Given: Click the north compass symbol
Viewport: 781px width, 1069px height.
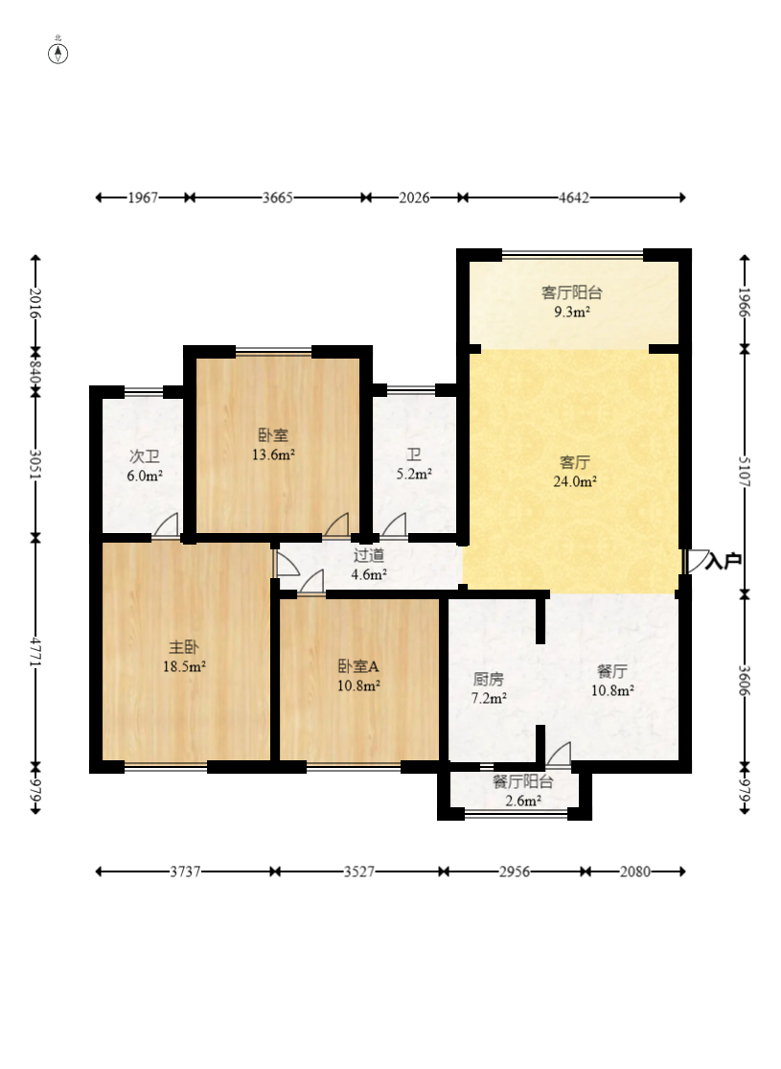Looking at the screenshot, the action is coord(57,53).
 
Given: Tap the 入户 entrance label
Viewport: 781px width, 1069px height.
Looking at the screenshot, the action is coord(724,562).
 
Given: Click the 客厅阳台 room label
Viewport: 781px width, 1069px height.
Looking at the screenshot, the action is coord(572,292).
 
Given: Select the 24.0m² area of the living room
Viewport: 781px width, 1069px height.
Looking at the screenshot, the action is coord(575,482).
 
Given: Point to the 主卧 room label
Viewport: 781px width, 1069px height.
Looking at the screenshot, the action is coord(184,646).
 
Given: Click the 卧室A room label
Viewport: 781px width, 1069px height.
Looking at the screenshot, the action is coord(358,666).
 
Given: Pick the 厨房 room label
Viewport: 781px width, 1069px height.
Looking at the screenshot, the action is coord(489,679).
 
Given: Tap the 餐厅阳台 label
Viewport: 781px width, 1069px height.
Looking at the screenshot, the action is coord(522,782).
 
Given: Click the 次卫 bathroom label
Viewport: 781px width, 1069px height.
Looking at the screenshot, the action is coord(145,456).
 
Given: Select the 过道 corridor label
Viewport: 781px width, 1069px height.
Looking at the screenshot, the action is coord(369,555).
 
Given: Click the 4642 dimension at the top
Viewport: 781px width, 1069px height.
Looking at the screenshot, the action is coord(574,198).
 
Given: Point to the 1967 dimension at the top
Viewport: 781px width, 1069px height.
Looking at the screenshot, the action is coord(143,198).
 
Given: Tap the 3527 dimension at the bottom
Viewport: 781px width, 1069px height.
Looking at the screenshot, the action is coord(359,871).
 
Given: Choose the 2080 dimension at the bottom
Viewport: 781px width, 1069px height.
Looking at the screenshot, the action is coord(635,871).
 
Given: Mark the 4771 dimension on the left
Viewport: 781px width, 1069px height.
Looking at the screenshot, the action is coord(35,653).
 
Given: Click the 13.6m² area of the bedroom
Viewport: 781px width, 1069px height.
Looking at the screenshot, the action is coord(273,454).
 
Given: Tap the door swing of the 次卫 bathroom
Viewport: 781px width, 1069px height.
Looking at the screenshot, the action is coord(167,525).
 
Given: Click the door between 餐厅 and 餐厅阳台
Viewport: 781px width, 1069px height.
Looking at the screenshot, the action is coord(559,753).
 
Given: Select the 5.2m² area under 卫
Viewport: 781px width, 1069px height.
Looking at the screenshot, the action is coord(414,474).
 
